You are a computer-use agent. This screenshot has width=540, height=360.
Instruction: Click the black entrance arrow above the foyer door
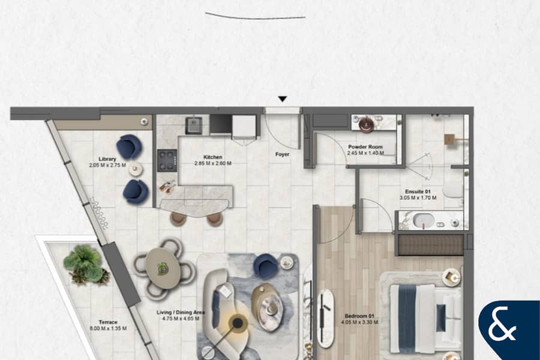(283, 99)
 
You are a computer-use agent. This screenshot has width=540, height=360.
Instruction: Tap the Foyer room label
(282, 154)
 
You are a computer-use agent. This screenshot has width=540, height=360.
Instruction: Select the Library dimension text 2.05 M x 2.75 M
(107, 166)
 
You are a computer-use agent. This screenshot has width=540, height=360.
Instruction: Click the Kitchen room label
(212, 157)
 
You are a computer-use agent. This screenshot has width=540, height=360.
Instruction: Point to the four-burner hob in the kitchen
(167, 161)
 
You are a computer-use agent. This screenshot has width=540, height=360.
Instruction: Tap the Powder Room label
(365, 147)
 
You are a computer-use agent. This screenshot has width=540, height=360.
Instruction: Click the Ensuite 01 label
(418, 191)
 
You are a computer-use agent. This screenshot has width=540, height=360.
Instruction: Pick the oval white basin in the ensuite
(424, 221)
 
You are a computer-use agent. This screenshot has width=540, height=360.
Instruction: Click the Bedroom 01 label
(359, 316)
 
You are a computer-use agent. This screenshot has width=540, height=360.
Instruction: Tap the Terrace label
(108, 322)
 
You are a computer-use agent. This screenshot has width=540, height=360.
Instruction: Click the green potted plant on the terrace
(85, 265)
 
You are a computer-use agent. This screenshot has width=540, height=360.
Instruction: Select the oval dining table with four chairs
(163, 268)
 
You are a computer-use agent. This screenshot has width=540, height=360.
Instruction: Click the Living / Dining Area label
(181, 313)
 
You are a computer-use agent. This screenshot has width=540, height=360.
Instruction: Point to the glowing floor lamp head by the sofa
(237, 323)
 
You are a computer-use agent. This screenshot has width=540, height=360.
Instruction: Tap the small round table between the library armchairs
(136, 169)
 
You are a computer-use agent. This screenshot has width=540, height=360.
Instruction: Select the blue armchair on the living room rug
(265, 265)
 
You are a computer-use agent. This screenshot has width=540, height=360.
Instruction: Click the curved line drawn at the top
(255, 17)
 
